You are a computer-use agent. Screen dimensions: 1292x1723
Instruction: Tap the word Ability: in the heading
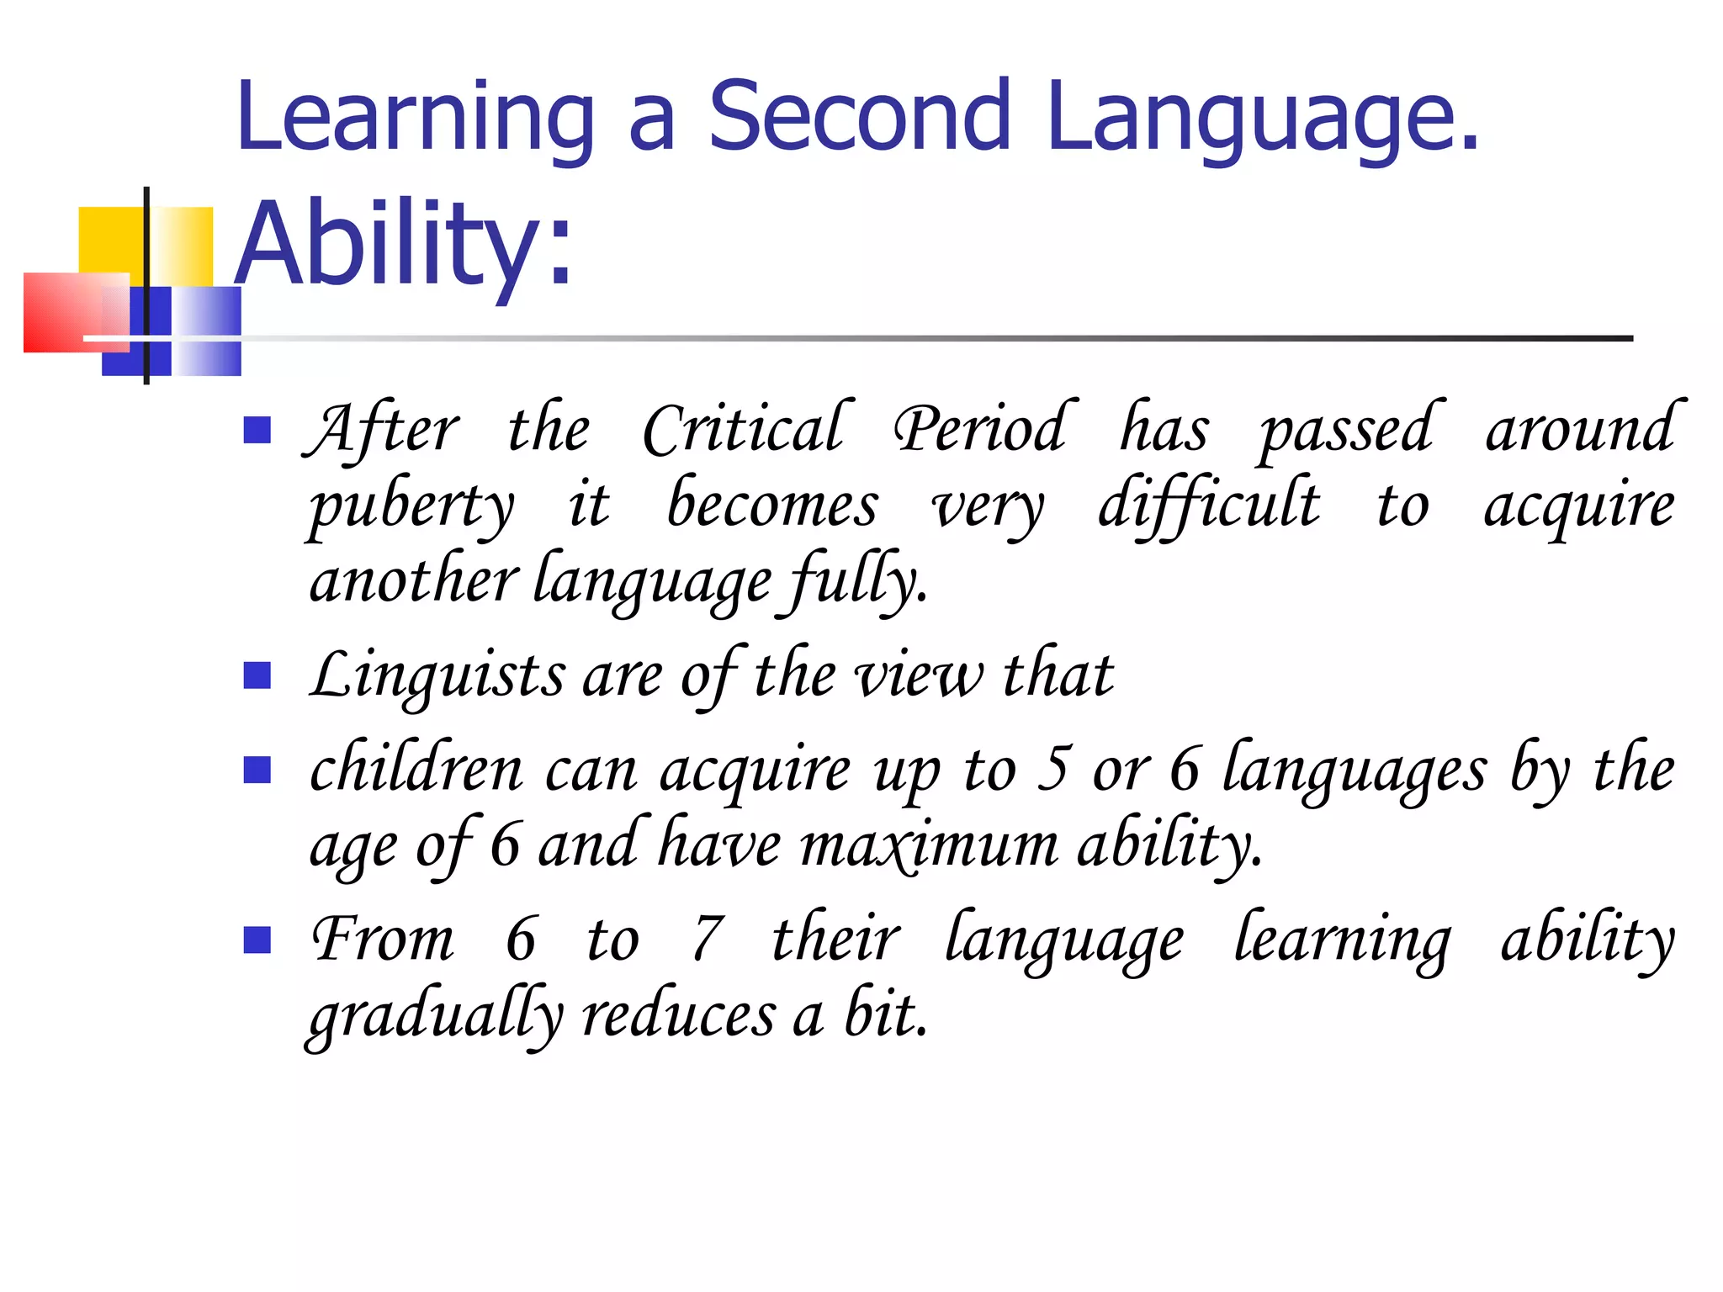click(x=404, y=245)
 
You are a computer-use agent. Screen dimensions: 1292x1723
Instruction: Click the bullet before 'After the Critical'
click(x=257, y=430)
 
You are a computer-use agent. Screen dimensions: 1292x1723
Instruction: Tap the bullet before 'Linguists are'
click(x=257, y=675)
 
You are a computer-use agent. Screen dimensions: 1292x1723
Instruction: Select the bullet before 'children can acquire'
click(x=257, y=770)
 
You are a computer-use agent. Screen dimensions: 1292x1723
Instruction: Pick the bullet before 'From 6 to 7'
click(x=257, y=940)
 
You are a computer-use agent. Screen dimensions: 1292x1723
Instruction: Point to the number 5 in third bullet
click(x=1053, y=768)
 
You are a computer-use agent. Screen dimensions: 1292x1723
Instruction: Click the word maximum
click(x=929, y=845)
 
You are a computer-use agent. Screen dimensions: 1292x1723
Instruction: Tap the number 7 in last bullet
click(x=707, y=939)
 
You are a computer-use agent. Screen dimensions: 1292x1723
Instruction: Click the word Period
click(x=982, y=429)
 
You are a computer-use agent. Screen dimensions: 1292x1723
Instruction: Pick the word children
click(x=416, y=769)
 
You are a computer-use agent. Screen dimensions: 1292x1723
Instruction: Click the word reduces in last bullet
click(x=678, y=1014)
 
